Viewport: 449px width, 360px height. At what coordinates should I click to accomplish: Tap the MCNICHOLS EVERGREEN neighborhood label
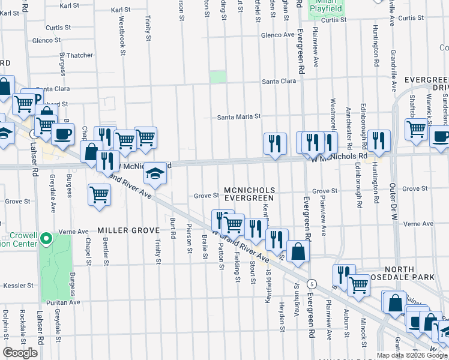(x=249, y=194)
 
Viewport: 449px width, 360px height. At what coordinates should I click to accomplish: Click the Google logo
(x=20, y=353)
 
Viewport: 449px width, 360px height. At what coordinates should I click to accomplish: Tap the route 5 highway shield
(x=312, y=283)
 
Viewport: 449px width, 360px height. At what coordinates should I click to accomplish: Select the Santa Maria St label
(x=239, y=117)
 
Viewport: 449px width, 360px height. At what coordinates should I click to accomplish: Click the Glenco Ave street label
(x=277, y=35)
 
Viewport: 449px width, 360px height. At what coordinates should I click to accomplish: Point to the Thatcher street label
(x=80, y=56)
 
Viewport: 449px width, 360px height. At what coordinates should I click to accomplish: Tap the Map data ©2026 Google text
(x=411, y=355)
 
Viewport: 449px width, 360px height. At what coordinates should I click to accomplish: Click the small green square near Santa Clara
(x=218, y=77)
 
